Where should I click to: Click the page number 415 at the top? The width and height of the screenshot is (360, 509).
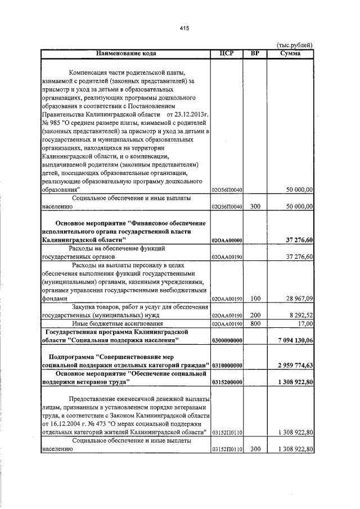pos(183,28)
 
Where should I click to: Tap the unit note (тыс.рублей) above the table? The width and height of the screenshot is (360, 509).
pos(295,45)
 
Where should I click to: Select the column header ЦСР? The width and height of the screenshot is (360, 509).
pos(227,53)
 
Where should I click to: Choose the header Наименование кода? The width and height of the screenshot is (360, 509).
pos(125,53)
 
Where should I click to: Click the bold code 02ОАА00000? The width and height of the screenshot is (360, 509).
pos(227,240)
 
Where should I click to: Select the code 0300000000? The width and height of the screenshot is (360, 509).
pos(227,341)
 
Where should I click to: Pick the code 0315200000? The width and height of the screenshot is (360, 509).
pos(227,382)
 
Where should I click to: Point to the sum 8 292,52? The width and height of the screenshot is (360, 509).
pos(298,316)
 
